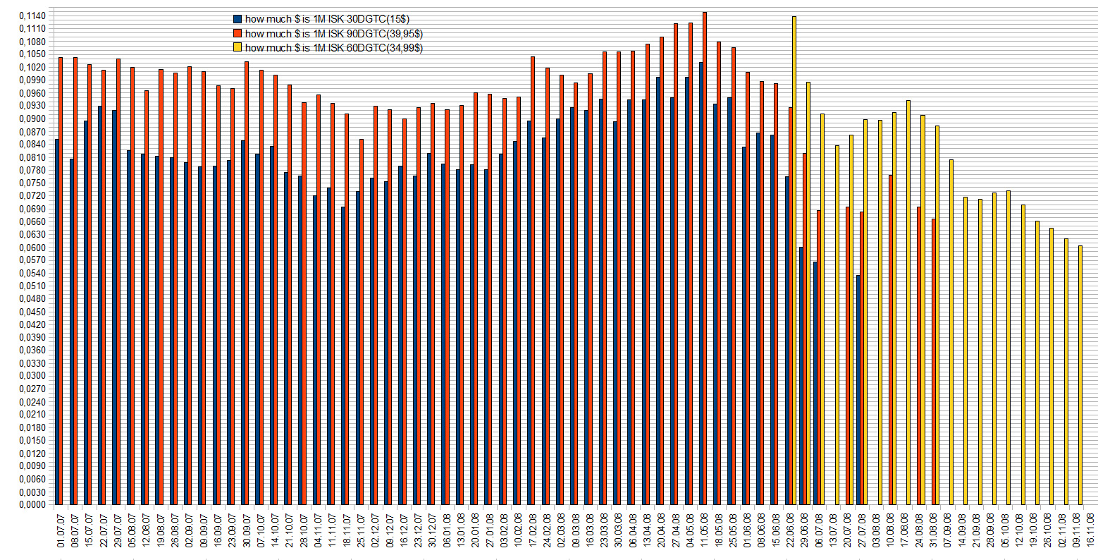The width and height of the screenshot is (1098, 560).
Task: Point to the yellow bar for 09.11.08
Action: pos(1080,375)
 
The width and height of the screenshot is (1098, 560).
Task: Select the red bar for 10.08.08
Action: pos(891,339)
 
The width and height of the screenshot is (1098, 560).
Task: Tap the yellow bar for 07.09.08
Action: pos(951,331)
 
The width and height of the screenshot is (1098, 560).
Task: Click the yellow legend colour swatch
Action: pos(238,47)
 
